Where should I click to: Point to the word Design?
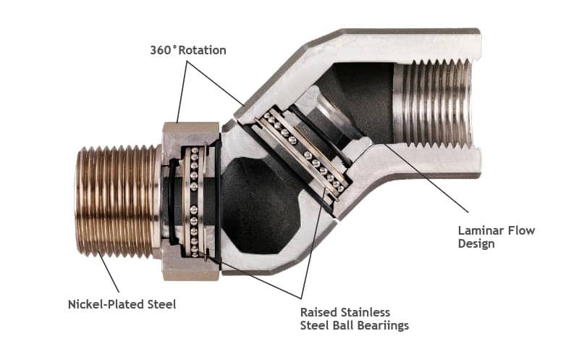coord(476,244)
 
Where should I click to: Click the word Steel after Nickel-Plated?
coord(161,304)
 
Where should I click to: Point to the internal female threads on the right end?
coord(434,101)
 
